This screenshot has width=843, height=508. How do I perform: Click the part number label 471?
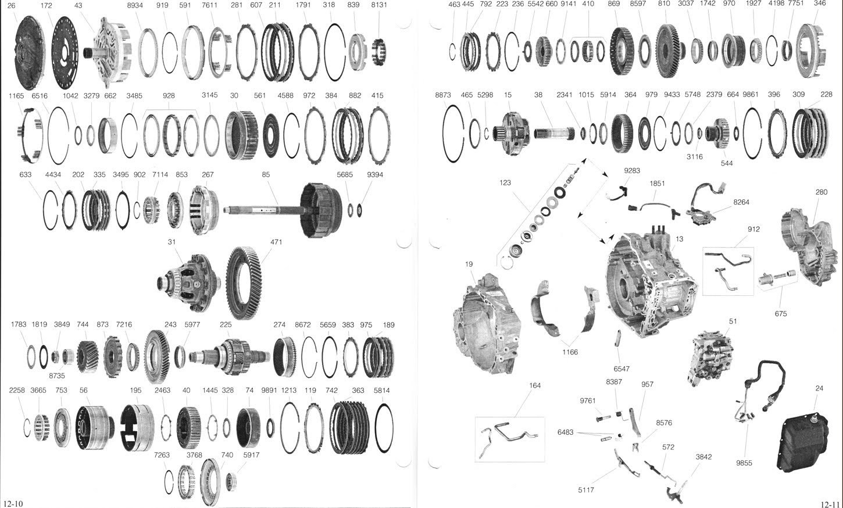[x=276, y=242]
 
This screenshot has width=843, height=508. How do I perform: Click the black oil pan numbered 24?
[x=806, y=442]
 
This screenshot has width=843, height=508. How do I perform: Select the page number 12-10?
[x=13, y=503]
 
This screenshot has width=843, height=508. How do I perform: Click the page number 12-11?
[x=830, y=504]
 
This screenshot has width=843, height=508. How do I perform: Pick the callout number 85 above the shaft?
[x=266, y=174]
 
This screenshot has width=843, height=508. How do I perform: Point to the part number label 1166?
[x=570, y=352]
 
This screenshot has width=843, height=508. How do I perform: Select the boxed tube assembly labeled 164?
[x=509, y=439]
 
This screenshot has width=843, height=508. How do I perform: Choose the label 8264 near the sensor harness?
[x=741, y=202]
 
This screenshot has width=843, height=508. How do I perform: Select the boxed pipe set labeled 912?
[x=728, y=270]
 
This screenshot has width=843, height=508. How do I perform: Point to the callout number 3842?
[x=703, y=457]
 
